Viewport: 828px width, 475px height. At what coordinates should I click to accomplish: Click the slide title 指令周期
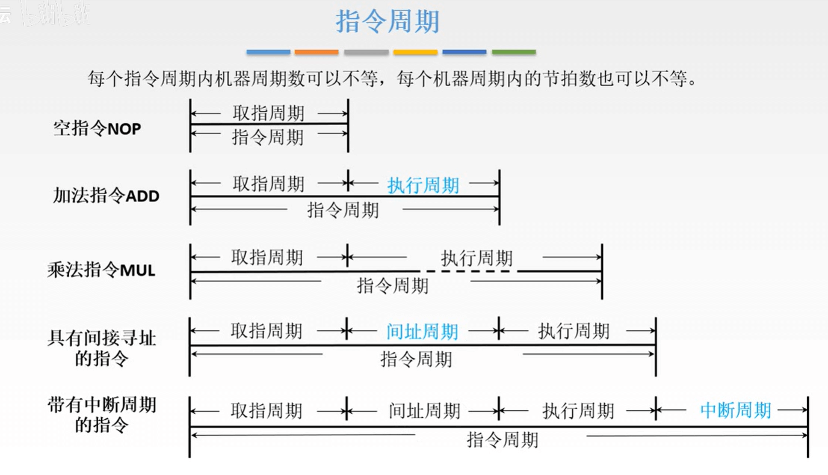click(x=388, y=22)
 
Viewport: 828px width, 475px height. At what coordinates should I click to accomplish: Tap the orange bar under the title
click(x=317, y=52)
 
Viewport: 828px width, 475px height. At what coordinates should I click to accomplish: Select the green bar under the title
click(x=513, y=52)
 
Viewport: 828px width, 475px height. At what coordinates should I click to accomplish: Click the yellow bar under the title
click(x=415, y=52)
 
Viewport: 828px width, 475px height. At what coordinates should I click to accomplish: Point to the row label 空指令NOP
click(x=97, y=128)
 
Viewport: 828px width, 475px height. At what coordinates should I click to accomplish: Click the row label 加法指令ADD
click(x=106, y=195)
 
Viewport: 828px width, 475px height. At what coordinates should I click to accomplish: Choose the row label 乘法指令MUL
click(x=101, y=270)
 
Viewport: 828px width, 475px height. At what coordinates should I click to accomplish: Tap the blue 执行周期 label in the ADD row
click(x=423, y=185)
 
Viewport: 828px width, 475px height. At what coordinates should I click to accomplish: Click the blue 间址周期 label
click(x=422, y=331)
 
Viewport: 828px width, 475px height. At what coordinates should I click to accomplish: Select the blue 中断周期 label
click(x=735, y=411)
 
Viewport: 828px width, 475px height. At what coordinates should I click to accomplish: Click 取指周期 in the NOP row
click(x=268, y=113)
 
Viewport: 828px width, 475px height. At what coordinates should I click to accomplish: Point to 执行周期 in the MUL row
click(x=477, y=259)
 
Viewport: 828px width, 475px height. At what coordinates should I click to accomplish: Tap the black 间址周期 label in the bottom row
click(x=424, y=411)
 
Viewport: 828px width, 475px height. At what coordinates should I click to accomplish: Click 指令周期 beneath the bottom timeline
click(x=502, y=440)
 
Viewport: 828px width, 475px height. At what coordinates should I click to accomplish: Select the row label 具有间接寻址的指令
click(x=102, y=348)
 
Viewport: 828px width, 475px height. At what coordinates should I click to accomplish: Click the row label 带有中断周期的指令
click(x=102, y=414)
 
